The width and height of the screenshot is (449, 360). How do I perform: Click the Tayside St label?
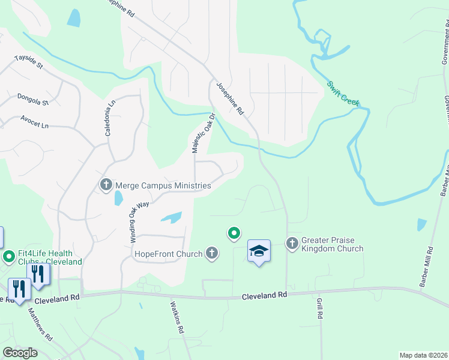pyautogui.click(x=29, y=62)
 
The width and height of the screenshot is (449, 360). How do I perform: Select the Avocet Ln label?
pyautogui.click(x=34, y=122)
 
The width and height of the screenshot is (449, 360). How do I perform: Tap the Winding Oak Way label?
pyautogui.click(x=139, y=221)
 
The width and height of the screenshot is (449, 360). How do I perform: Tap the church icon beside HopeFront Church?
pyautogui.click(x=211, y=254)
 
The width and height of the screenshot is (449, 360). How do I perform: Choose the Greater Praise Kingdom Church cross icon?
pyautogui.click(x=292, y=243)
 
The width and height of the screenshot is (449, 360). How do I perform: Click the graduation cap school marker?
pyautogui.click(x=259, y=251)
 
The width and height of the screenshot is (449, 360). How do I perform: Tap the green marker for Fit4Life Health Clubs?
pyautogui.click(x=9, y=257)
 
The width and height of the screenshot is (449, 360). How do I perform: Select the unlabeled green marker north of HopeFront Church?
pyautogui.click(x=234, y=233)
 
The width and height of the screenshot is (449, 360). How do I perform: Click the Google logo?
pyautogui.click(x=20, y=353)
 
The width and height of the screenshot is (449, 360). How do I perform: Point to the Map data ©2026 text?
pyautogui.click(x=424, y=355)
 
